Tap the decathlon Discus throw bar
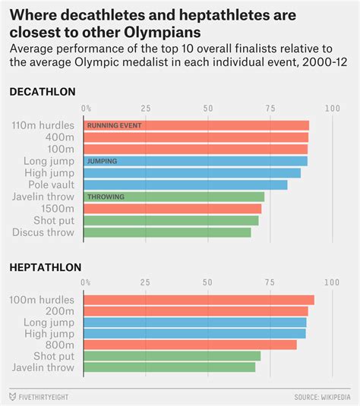[x=166, y=232]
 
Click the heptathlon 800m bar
[x=189, y=345]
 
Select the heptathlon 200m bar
[x=195, y=311]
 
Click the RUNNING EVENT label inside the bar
[x=114, y=125]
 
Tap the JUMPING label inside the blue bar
[x=102, y=161]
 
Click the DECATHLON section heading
[x=43, y=92]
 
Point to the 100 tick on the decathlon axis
[x=332, y=109]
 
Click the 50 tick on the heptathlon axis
[x=207, y=283]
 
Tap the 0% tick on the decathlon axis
[x=87, y=109]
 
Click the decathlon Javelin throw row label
[x=43, y=197]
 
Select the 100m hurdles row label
[x=42, y=300]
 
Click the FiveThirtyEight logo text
[x=46, y=396]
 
